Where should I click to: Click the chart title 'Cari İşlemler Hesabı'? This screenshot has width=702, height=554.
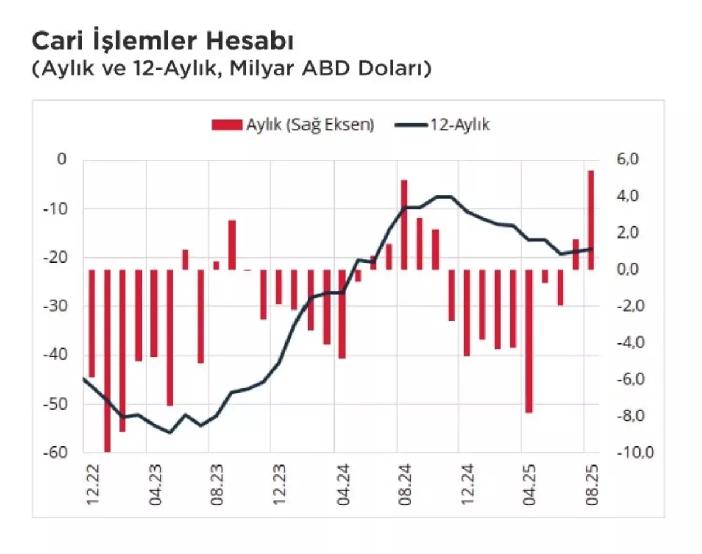click(x=161, y=42)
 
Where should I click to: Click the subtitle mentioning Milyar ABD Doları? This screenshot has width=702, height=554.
click(x=231, y=68)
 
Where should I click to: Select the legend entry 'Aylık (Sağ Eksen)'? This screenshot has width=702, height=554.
click(x=292, y=125)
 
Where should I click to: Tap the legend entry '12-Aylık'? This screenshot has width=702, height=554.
click(x=443, y=125)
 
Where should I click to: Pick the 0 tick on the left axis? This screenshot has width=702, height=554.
click(x=61, y=159)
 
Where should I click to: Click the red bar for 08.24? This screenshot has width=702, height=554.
click(x=404, y=225)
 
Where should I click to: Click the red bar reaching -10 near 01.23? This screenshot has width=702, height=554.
click(x=107, y=360)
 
